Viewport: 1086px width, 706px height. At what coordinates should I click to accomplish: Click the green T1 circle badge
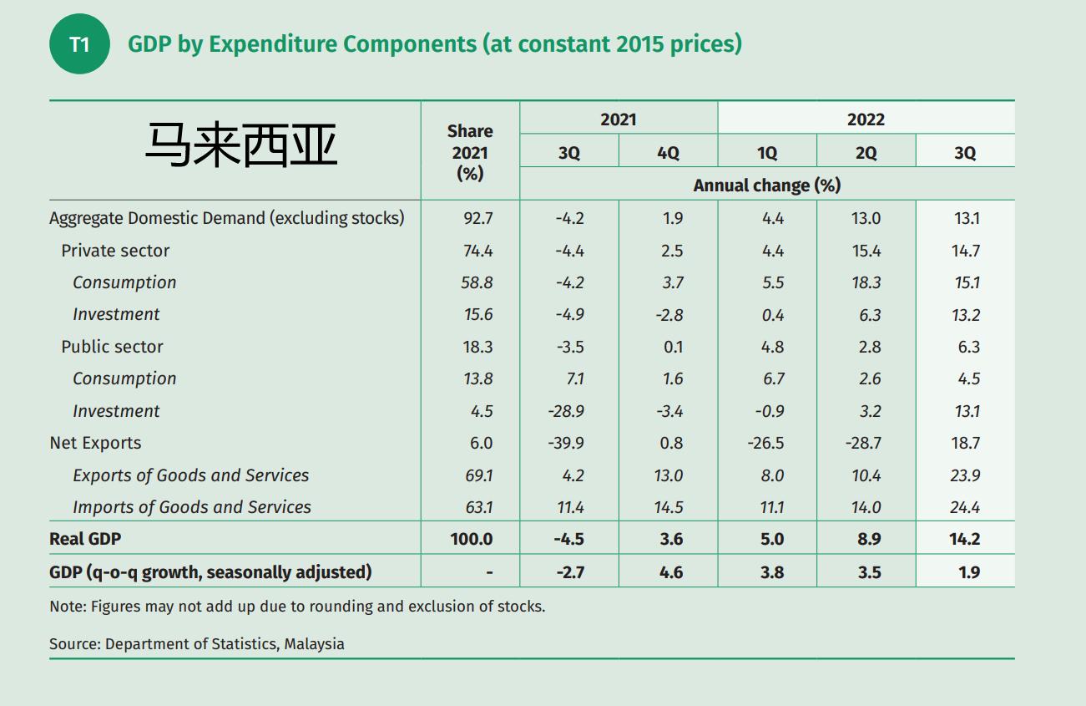[79, 44]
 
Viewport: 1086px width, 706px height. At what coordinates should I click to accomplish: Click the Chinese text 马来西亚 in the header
[241, 145]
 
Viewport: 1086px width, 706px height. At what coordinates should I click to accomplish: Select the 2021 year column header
[618, 119]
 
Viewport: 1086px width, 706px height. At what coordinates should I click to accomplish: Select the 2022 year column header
[866, 119]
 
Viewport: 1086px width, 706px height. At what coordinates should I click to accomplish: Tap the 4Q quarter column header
[668, 153]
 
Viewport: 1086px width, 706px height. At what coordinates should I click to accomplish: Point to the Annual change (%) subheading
[766, 185]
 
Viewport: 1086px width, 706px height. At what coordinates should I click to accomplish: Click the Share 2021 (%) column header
[470, 152]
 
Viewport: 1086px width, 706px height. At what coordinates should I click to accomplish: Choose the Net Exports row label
[95, 443]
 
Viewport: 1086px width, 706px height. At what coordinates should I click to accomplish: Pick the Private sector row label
[115, 251]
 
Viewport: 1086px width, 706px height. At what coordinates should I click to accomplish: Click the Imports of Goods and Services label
[191, 507]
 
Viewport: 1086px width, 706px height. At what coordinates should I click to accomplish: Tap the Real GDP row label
[85, 539]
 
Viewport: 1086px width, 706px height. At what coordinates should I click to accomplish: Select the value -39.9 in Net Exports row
[569, 443]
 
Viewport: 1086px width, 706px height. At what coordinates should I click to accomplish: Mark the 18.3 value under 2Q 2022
[866, 282]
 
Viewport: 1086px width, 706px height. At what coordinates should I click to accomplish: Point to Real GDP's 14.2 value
[964, 539]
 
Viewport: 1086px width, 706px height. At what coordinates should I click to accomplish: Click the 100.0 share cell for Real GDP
[471, 539]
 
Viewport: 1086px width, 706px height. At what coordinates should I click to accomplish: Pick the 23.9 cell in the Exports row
[965, 475]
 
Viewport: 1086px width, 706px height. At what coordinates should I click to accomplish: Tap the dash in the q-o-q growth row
[489, 572]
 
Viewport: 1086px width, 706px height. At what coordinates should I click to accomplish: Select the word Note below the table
[68, 607]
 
